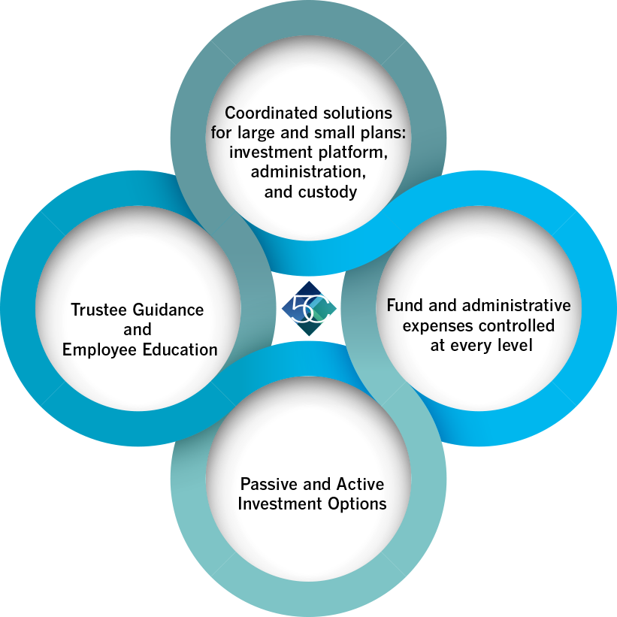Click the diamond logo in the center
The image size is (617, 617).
(x=309, y=308)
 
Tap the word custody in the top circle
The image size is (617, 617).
(x=328, y=192)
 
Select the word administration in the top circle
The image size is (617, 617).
(x=308, y=172)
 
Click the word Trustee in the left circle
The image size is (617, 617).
(x=95, y=310)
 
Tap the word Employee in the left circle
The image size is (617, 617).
(x=99, y=350)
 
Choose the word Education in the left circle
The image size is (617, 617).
(x=180, y=349)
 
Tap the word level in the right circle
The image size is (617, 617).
(x=515, y=346)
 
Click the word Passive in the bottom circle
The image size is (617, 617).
(x=268, y=485)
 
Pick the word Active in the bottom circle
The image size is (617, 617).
(x=360, y=485)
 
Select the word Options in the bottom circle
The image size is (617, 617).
(x=357, y=505)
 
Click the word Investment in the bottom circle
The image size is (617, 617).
(x=280, y=504)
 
